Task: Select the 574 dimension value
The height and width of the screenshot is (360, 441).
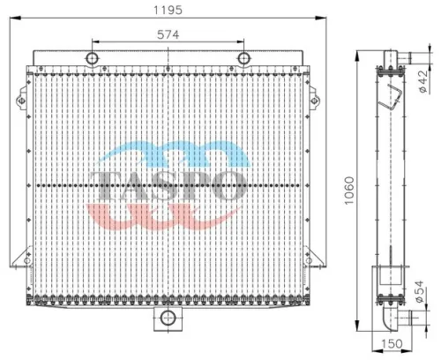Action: (x=168, y=34)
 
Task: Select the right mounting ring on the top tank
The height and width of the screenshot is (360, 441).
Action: (x=244, y=59)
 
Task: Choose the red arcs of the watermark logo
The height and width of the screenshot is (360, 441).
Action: (x=168, y=212)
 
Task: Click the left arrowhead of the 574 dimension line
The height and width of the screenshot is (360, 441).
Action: (x=93, y=41)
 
